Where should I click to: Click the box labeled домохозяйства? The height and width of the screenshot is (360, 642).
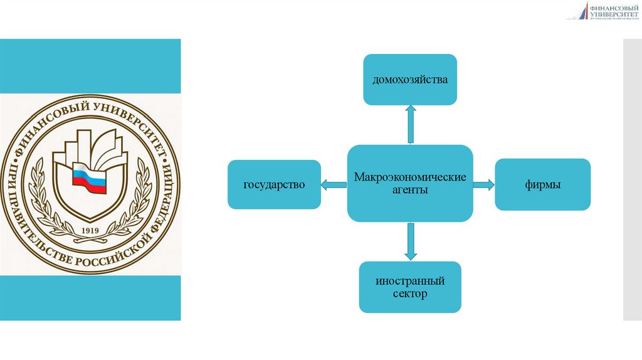pyautogui.click(x=410, y=80)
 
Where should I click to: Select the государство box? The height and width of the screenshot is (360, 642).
pyautogui.click(x=274, y=185)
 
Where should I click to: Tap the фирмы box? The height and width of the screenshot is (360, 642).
pyautogui.click(x=542, y=184)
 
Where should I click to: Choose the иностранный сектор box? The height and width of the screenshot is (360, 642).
pyautogui.click(x=410, y=287)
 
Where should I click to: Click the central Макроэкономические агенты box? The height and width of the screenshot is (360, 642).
pyautogui.click(x=410, y=183)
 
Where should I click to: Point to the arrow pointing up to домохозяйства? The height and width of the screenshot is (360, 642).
pyautogui.click(x=411, y=124)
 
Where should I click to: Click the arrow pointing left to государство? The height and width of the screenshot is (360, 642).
pyautogui.click(x=334, y=184)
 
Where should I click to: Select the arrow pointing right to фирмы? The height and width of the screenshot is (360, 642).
pyautogui.click(x=483, y=184)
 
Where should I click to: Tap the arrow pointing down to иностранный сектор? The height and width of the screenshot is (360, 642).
pyautogui.click(x=411, y=241)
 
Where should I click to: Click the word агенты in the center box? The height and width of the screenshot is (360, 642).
pyautogui.click(x=410, y=190)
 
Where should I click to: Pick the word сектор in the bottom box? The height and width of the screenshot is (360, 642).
pyautogui.click(x=410, y=294)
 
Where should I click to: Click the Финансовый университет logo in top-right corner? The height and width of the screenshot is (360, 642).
pyautogui.click(x=603, y=11)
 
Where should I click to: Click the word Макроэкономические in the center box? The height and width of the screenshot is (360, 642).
pyautogui.click(x=410, y=177)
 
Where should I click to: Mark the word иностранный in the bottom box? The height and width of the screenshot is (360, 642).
pyautogui.click(x=410, y=280)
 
